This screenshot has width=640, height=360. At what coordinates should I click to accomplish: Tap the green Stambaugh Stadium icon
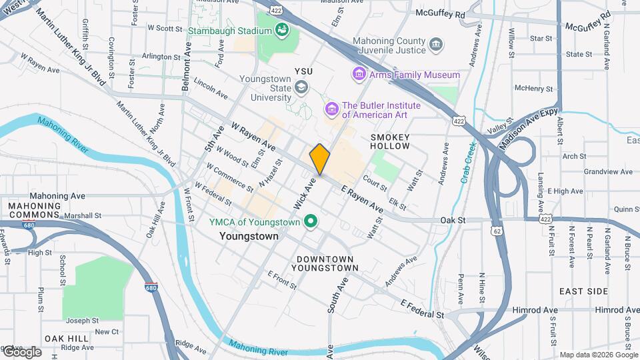(282, 30)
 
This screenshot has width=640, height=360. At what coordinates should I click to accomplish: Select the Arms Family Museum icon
(359, 75)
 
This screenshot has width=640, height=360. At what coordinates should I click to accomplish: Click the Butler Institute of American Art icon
(331, 108)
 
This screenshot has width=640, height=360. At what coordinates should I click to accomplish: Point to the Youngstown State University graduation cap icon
(301, 87)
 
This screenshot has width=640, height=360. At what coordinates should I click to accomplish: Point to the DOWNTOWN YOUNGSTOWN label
(327, 263)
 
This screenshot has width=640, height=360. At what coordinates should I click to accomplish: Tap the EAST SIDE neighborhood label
(583, 291)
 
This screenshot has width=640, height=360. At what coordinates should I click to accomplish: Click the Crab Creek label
(469, 163)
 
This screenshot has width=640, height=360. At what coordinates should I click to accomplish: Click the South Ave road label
(338, 295)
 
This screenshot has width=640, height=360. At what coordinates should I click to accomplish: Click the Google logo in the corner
(23, 351)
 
